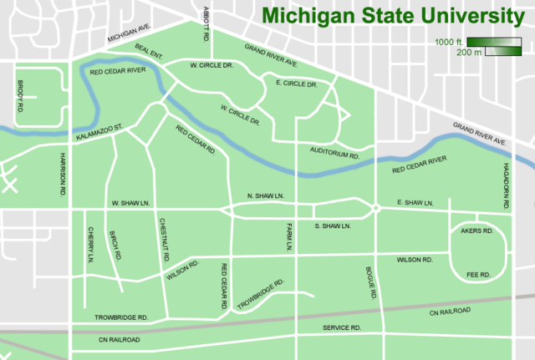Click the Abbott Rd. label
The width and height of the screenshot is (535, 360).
pyautogui.click(x=206, y=24)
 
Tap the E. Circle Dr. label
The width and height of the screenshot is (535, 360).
pyautogui.click(x=296, y=84)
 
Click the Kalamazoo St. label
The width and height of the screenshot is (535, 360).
pyautogui.click(x=99, y=132)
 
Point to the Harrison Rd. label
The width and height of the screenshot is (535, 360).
pyautogui.click(x=63, y=174)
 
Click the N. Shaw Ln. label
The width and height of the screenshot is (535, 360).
pyautogui.click(x=267, y=196)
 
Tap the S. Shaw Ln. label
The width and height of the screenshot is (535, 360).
pyautogui.click(x=332, y=226)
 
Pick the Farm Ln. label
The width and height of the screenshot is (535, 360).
pyautogui.click(x=286, y=237)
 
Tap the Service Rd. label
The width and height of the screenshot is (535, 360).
pyautogui.click(x=342, y=328)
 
